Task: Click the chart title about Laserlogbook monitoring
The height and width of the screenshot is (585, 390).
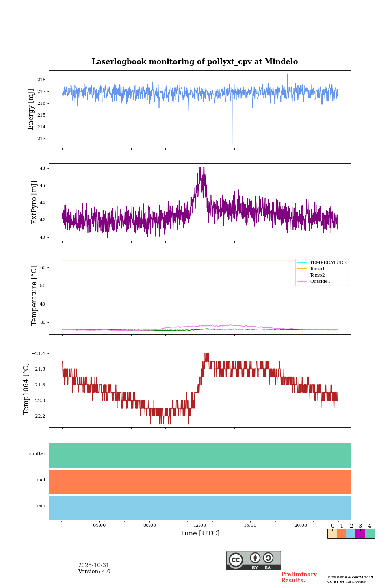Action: [x=195, y=62]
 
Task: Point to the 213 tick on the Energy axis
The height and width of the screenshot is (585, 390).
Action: [x=41, y=139]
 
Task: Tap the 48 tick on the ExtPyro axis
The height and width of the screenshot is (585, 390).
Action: [x=42, y=169]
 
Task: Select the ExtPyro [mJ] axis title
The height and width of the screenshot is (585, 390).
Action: [x=34, y=202]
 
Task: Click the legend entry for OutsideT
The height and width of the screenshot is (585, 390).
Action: [x=320, y=282]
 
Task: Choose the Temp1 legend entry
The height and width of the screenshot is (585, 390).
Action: [x=317, y=269]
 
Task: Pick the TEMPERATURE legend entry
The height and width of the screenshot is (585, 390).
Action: [x=328, y=263]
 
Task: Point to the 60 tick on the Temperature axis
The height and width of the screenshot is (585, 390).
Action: [x=42, y=268]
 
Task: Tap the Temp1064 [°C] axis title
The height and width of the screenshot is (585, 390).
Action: [x=26, y=389]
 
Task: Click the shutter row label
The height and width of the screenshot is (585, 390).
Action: [x=37, y=454]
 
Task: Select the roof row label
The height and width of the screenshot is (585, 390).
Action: [x=41, y=480]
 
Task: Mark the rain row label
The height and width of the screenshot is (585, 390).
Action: [x=41, y=506]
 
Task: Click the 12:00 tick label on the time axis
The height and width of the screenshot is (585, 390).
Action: [x=200, y=526]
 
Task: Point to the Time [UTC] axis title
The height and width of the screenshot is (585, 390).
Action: [x=200, y=533]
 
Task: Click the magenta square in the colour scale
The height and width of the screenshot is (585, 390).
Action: [x=360, y=534]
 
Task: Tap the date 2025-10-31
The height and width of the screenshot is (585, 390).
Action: [x=94, y=565]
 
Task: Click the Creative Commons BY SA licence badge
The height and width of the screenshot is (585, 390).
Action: [x=253, y=561]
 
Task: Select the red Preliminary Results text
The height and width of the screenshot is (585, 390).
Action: [x=299, y=577]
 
